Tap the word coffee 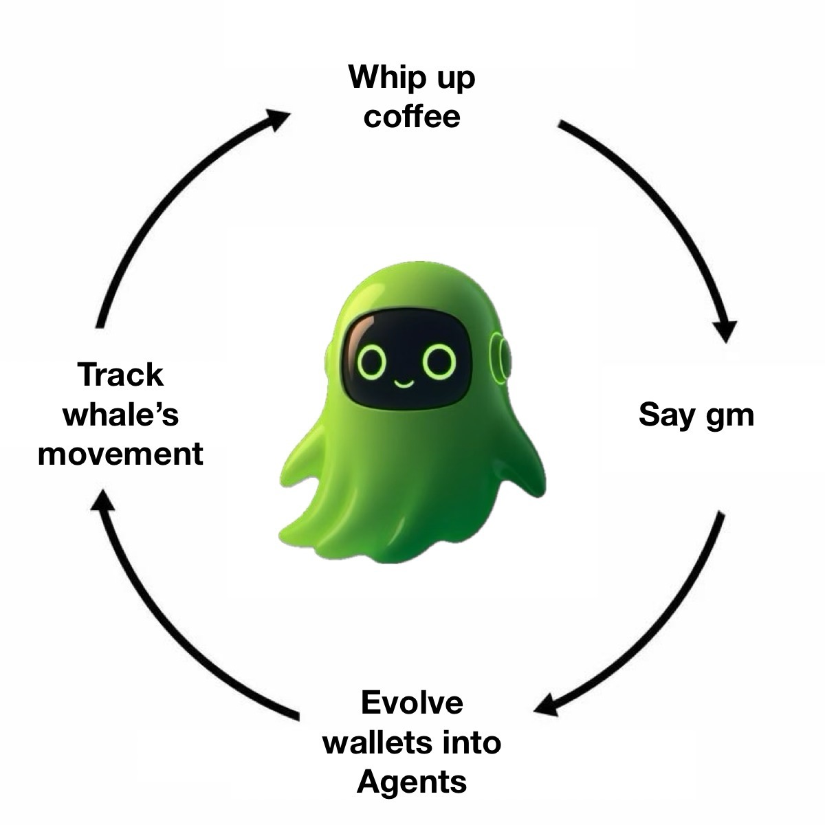tap(412, 116)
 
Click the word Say tap(663, 415)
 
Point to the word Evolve tap(412, 703)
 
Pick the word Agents tap(412, 782)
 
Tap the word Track tap(121, 375)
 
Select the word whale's tap(121, 415)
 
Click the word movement tap(121, 454)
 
